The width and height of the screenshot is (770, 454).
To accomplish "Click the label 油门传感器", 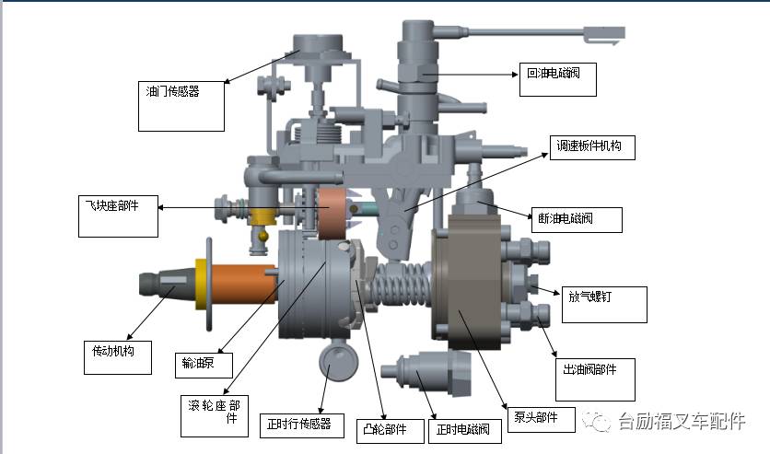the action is point(173,91).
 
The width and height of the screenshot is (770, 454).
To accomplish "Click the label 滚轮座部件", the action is point(213,411).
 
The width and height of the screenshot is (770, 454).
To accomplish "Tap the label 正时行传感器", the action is point(297,424).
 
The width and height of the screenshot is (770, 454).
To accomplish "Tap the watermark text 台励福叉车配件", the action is point(681,421).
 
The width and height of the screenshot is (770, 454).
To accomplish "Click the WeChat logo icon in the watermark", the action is point(599,421).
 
